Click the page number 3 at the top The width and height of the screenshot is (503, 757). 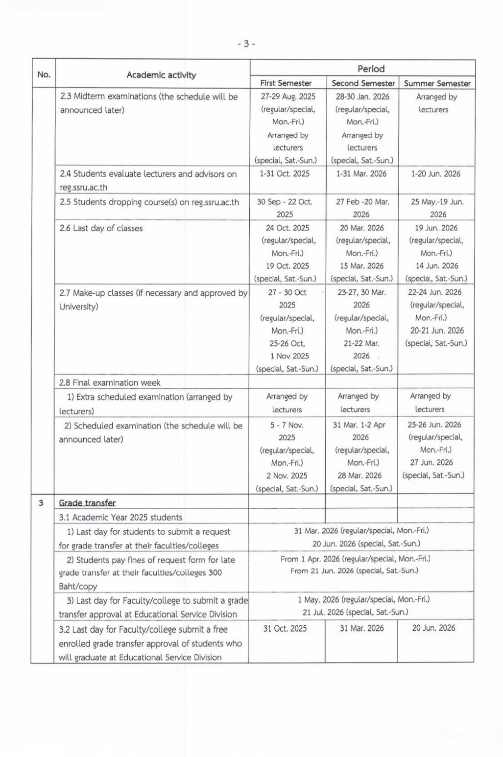246,44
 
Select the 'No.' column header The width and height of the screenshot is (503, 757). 44,75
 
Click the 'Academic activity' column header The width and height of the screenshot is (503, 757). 161,75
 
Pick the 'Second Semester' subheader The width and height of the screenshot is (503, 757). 363,83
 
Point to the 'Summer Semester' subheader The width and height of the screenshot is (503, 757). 437,83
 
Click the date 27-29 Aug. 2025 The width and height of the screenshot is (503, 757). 288,97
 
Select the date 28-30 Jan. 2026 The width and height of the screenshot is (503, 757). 362,97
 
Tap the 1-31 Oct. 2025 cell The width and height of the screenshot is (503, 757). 287,174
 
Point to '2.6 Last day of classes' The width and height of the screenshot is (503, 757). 101,228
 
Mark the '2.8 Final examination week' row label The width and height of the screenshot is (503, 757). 110,383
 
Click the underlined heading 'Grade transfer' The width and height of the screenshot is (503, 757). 87,503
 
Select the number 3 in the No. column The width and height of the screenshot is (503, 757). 41,503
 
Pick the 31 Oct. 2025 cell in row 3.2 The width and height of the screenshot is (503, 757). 285,628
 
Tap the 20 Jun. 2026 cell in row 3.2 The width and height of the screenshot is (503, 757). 433,628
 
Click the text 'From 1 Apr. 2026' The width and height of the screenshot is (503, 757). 310,559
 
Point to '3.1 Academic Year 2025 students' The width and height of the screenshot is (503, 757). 120,518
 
